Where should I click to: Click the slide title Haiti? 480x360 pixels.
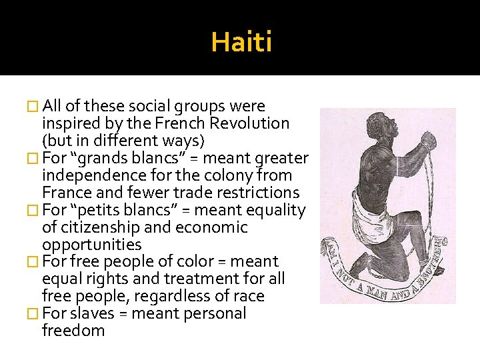coord(241,43)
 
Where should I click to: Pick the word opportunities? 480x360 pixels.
coord(92,245)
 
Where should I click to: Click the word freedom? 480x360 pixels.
coord(73,331)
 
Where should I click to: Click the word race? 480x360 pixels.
coord(249,296)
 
